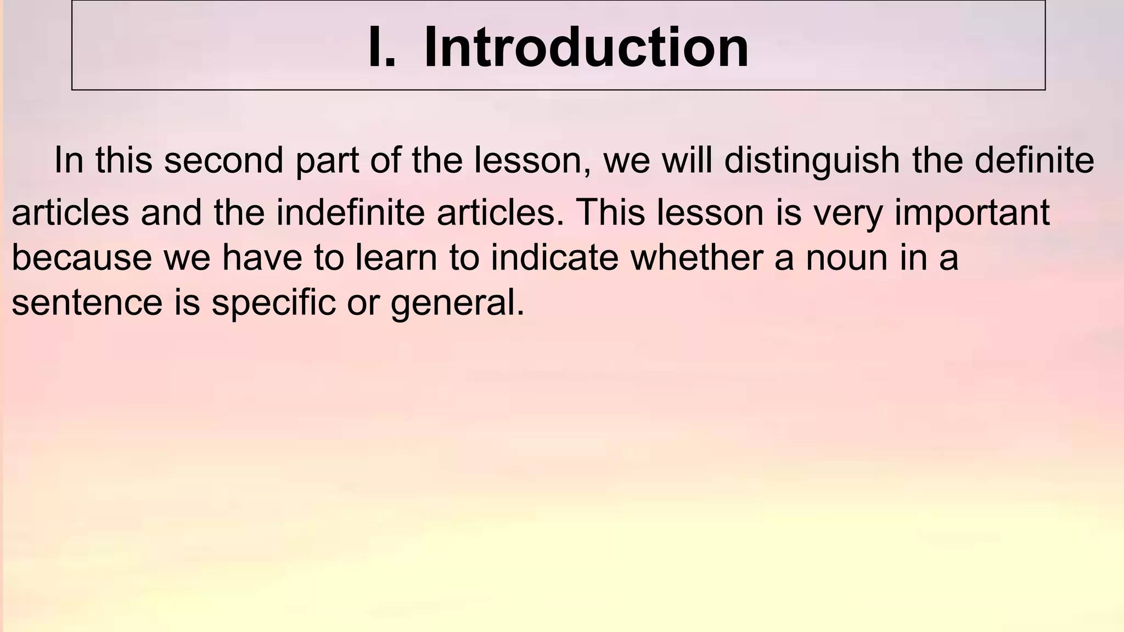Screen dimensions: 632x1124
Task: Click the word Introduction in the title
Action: pos(586,48)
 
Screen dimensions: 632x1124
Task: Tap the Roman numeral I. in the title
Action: pos(381,48)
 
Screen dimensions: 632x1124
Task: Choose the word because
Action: pos(82,258)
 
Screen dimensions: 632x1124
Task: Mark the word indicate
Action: pos(554,257)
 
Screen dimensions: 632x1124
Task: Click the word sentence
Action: pos(87,303)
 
